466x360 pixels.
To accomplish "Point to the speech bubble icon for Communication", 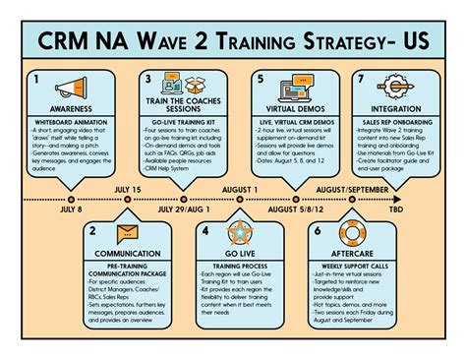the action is coord(126,233).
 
